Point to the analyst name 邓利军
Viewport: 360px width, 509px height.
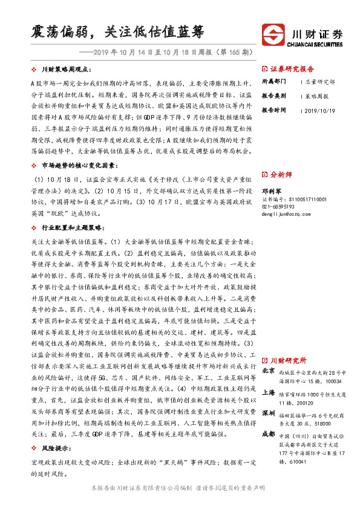(x=272, y=189)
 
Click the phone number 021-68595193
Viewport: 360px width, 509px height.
(x=278, y=206)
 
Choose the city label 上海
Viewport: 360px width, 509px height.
(x=269, y=392)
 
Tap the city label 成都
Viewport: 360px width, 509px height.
(x=269, y=433)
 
